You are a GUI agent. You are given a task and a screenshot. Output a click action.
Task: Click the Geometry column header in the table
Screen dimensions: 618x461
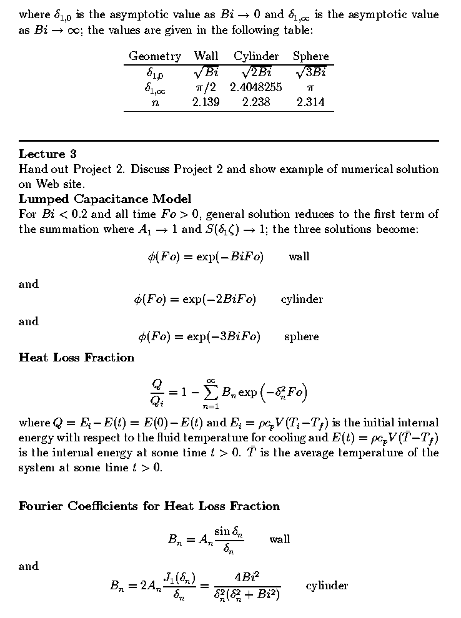155,56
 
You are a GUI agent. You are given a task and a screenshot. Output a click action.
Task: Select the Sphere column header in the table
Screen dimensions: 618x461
310,56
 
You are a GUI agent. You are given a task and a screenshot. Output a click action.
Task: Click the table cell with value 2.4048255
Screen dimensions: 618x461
256,87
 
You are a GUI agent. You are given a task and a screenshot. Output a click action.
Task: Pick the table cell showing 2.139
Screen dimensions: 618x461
206,102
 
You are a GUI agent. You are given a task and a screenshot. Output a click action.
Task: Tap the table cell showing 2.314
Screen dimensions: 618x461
310,102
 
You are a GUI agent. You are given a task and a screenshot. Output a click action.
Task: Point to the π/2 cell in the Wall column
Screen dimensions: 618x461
206,87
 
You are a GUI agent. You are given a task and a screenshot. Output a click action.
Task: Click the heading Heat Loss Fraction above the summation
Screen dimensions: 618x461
77,358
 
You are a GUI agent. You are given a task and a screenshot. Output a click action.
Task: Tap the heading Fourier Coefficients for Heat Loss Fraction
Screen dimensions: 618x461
149,506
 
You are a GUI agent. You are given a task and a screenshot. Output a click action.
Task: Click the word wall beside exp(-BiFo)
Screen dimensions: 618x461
299,257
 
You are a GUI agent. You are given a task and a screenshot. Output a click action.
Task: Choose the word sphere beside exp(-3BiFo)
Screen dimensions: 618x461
302,336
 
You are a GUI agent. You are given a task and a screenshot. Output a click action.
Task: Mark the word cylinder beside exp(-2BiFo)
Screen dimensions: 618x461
302,299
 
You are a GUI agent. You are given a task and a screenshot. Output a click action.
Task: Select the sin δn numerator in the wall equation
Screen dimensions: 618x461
229,531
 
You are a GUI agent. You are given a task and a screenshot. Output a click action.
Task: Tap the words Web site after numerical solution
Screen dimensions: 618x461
58,184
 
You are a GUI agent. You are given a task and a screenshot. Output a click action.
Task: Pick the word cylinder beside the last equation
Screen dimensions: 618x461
327,586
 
